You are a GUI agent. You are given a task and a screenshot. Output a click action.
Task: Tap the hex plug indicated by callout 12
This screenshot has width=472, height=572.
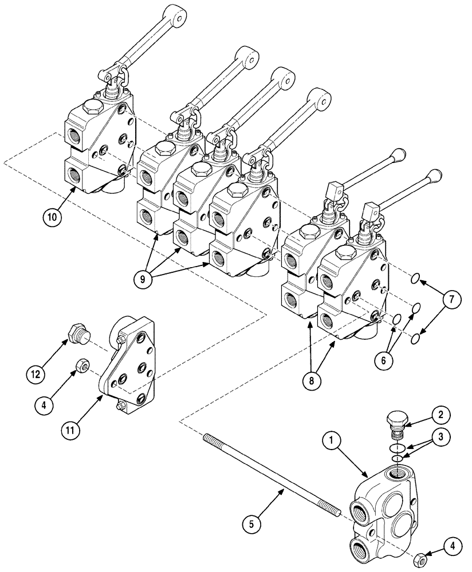77,333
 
